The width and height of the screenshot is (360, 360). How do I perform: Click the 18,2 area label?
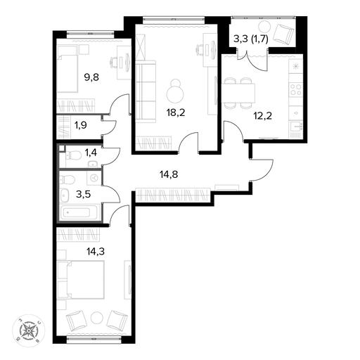pos(176,113)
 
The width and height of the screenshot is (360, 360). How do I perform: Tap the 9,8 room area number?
pos(91,77)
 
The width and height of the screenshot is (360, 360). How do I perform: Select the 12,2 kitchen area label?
pos(263,116)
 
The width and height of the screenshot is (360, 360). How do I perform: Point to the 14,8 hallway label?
pos(169,174)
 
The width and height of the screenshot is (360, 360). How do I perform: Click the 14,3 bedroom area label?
pos(96,252)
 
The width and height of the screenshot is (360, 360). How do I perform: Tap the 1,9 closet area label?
pos(81,125)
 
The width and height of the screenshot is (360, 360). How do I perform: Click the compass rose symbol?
pos(28,330)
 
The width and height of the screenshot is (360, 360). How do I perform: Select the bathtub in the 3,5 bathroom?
pos(78,212)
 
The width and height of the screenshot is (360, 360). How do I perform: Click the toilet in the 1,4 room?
pos(72,155)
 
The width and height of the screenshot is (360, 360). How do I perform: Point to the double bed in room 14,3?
pos(81,280)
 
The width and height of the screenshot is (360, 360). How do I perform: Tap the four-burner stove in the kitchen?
pos(296,89)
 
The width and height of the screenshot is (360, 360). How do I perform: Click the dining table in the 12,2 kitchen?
pos(240,93)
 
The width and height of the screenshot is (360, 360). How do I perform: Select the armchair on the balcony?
pos(284,34)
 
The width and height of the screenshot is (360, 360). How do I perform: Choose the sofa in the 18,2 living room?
pos(146,91)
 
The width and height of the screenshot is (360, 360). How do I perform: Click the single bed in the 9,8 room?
pos(67,74)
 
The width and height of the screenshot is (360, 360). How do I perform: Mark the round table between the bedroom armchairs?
pos(97,319)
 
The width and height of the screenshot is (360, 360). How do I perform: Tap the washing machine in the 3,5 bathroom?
pos(94,178)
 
